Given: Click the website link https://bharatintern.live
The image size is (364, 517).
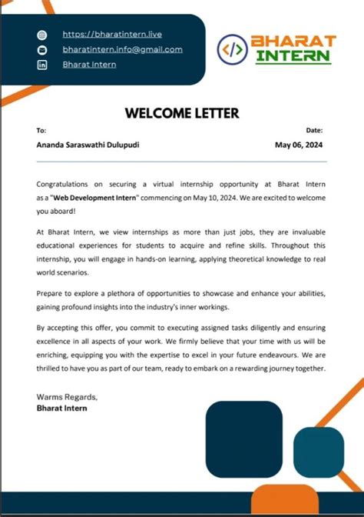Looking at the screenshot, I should point(111,35).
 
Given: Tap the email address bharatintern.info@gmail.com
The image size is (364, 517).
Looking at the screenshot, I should point(122,49).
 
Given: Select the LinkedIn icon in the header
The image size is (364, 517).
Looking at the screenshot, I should point(43,65).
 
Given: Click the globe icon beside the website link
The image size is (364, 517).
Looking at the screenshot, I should point(43,35).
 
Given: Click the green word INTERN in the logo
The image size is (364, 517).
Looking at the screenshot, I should point(294,56).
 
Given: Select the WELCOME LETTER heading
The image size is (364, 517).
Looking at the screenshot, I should point(182,114).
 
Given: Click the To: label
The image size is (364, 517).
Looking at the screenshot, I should point(41,131).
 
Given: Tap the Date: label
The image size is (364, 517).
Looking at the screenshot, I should point(315,131).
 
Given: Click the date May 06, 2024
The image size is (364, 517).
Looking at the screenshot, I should point(300,145).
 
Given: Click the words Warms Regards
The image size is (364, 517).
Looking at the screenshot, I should point(67,396).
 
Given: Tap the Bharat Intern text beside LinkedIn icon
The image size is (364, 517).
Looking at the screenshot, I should point(89,65).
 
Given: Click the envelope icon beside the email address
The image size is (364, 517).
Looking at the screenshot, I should point(43,50).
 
